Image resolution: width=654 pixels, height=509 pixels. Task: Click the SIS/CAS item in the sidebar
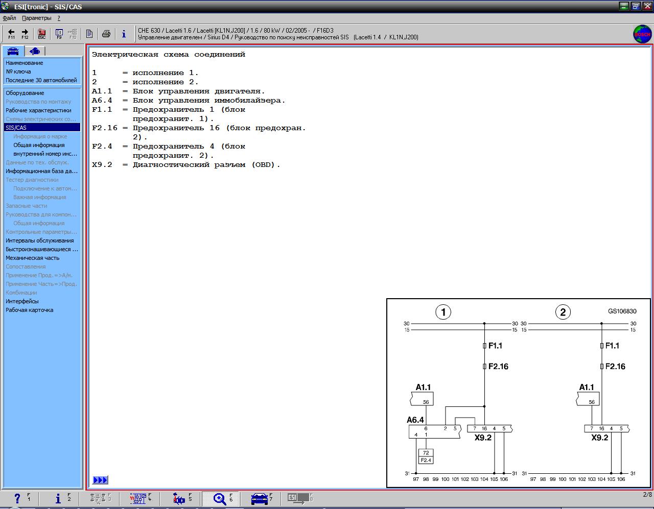(42, 128)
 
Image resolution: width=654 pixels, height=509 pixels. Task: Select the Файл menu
(9, 18)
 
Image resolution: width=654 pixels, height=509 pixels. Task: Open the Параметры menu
(36, 18)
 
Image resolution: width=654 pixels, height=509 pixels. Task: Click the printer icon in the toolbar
(106, 33)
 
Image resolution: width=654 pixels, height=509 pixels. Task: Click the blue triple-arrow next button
(100, 480)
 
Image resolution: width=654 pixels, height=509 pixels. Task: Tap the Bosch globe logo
(642, 34)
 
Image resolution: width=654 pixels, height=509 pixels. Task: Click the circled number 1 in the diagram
(443, 312)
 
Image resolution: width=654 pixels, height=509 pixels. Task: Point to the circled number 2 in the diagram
(563, 312)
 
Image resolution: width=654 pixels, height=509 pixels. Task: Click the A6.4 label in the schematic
(415, 420)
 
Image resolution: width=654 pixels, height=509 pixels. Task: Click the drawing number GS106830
(622, 311)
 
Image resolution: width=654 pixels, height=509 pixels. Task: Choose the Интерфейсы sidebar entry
(22, 301)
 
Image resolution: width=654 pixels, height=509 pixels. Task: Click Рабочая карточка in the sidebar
(30, 310)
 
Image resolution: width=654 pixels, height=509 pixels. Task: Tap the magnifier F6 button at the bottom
(221, 499)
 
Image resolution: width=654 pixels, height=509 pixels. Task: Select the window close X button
(647, 6)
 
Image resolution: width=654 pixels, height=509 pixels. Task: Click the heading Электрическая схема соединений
(169, 55)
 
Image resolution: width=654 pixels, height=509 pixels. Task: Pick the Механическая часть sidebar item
(33, 258)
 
